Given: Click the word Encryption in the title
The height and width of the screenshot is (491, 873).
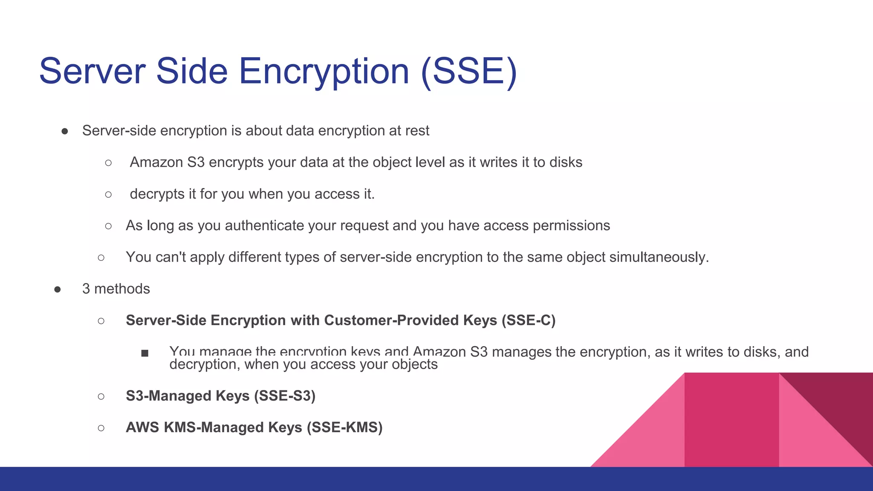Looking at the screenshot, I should (x=324, y=71).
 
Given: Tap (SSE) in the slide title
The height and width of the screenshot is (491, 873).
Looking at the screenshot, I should (x=469, y=71).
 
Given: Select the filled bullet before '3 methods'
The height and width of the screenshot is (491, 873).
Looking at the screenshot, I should (x=58, y=289).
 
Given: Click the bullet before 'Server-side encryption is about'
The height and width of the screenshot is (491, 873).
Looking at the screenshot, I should (x=65, y=131).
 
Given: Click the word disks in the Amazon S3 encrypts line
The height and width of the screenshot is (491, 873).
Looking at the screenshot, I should (x=566, y=162).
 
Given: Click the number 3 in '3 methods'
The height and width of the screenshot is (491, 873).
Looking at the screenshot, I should (x=86, y=289).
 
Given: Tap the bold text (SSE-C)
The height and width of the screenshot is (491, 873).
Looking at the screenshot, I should (x=529, y=321).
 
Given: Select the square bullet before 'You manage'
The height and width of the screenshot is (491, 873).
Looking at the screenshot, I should (x=145, y=353).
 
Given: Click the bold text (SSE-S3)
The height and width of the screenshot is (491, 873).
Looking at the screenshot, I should (x=285, y=396).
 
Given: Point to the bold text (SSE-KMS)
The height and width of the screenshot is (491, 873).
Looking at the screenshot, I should (x=344, y=427).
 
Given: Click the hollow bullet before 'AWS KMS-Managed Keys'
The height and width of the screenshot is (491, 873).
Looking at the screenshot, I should (x=101, y=428).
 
